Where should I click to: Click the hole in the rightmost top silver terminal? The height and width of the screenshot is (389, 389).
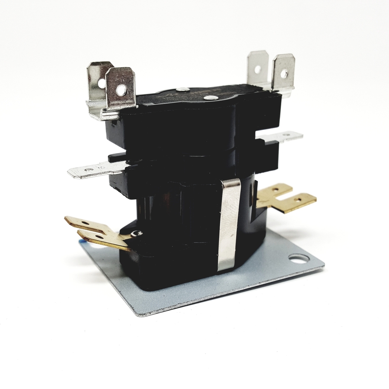point(284,73)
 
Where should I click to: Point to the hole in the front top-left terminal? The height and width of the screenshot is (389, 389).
point(123,90)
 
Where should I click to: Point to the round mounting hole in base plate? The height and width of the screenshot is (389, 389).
point(299,258)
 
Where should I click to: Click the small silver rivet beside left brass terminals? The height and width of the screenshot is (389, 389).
point(138,233)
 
